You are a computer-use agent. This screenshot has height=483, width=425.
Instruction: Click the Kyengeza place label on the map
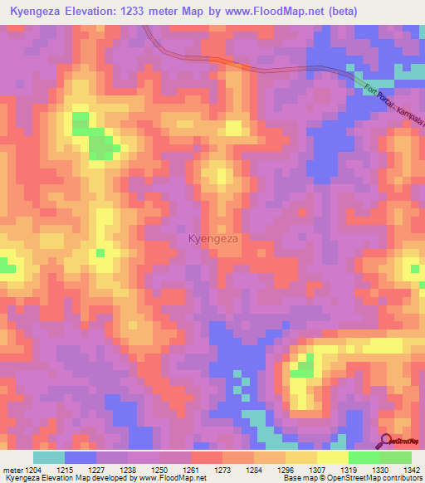click(x=213, y=238)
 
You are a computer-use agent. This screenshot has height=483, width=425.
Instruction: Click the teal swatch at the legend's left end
click(x=49, y=457)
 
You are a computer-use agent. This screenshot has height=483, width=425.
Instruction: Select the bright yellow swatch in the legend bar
click(x=332, y=457)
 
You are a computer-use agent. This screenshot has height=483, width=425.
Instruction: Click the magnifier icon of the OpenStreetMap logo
click(x=386, y=440)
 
